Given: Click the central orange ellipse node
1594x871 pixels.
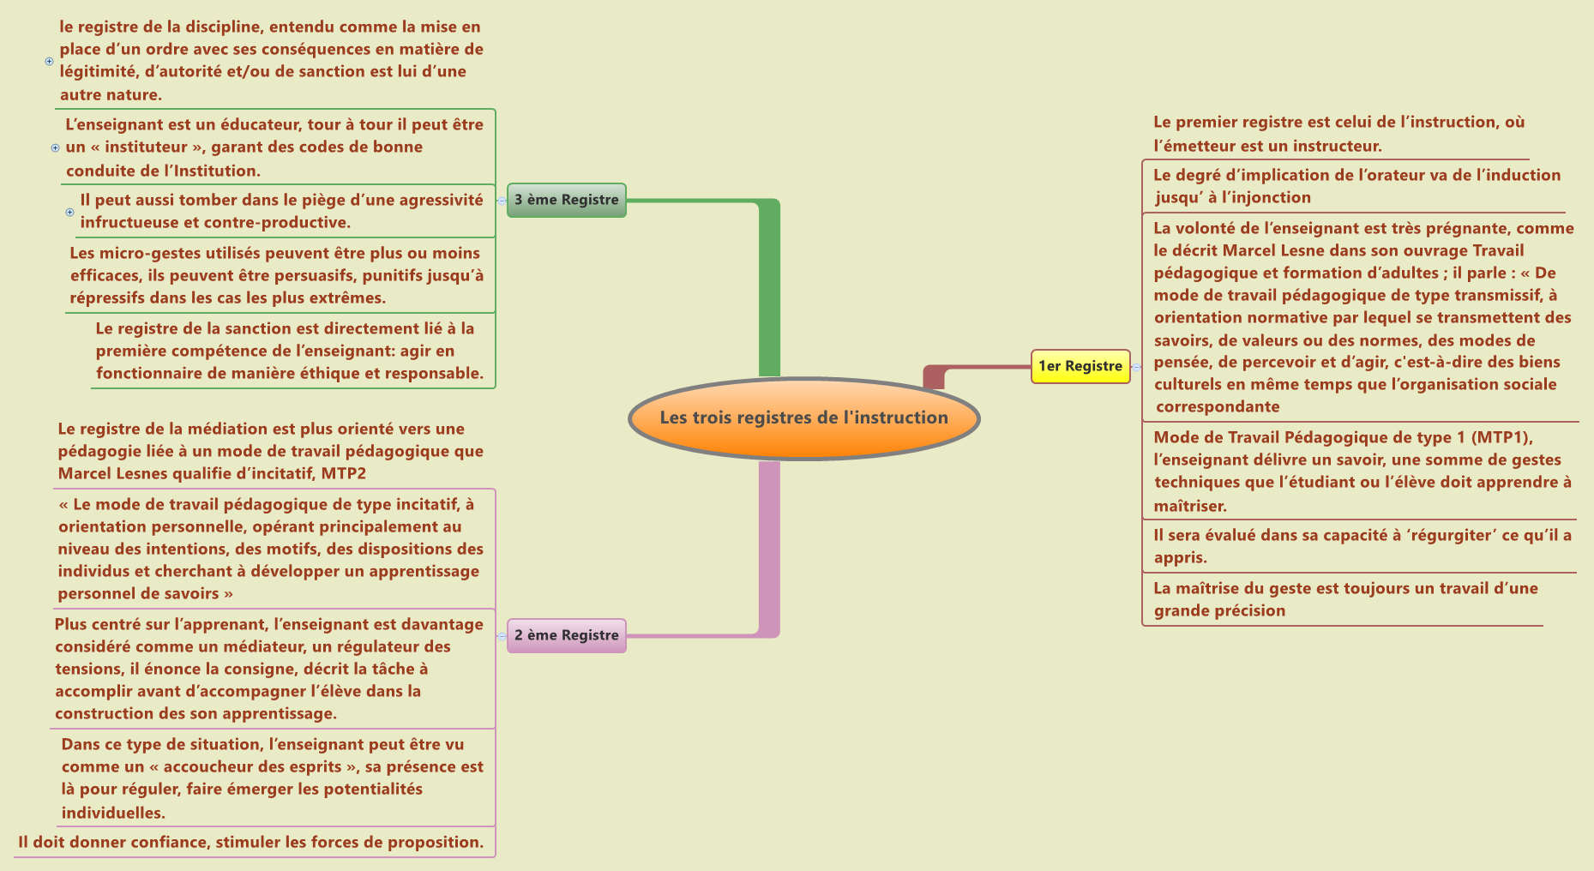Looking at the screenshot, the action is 803,418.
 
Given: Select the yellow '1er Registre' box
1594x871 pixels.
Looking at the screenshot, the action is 1080,366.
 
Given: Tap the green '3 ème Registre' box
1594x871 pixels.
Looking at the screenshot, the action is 566,200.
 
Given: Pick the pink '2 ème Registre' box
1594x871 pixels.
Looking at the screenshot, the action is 566,635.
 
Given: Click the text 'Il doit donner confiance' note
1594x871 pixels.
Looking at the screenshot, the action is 250,842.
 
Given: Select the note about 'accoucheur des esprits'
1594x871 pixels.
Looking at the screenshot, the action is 272,778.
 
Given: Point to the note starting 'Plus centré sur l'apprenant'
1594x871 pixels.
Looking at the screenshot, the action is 269,669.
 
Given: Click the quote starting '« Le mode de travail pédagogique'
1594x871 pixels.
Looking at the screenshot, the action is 270,549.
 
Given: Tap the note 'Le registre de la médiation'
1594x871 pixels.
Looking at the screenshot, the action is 270,451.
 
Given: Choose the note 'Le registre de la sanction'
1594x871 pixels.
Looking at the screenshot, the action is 289,351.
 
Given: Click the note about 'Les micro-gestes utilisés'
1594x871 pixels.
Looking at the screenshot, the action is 276,275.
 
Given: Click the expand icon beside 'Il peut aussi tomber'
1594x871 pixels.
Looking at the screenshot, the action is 70,212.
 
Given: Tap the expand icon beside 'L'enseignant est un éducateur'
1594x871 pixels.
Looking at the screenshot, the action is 56,147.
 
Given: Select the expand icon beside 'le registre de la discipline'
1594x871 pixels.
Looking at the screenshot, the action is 49,61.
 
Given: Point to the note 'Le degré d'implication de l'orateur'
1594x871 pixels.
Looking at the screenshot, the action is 1356,186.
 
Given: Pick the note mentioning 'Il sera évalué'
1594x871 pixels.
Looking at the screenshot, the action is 1362,546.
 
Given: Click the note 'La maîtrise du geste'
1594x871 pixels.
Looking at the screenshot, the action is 1344,599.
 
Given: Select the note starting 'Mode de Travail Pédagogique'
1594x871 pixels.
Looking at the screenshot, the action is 1362,471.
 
